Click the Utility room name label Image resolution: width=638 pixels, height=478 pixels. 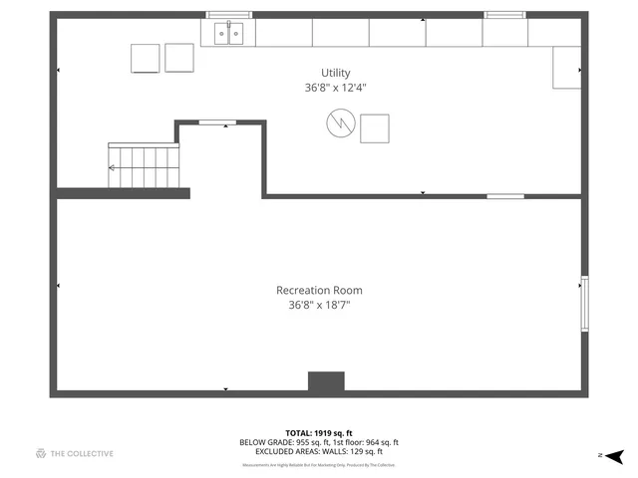pos(335,73)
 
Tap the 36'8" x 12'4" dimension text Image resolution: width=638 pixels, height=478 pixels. pos(335,88)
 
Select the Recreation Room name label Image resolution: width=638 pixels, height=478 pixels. pos(319,291)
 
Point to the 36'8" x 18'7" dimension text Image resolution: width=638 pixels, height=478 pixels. pos(319,306)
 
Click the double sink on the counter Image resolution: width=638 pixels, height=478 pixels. pos(228,34)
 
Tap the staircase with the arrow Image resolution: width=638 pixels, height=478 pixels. pos(146,165)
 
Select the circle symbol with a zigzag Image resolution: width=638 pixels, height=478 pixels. pos(340,124)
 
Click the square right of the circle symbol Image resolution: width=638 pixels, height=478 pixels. pos(376,128)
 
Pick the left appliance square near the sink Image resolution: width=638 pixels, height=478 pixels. pos(146,58)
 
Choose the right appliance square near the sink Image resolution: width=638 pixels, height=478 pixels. pos(179,57)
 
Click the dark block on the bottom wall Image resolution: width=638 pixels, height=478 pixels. pos(326,382)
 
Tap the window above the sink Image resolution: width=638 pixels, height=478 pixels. pos(229,15)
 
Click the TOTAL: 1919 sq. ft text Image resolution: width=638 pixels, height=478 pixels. pos(319,433)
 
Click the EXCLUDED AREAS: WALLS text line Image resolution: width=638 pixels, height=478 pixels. pos(319,451)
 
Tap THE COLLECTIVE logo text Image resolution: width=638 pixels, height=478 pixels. pos(75,454)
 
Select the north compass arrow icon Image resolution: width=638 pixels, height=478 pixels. pos(614,455)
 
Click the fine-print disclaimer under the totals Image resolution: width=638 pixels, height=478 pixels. pos(319,465)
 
